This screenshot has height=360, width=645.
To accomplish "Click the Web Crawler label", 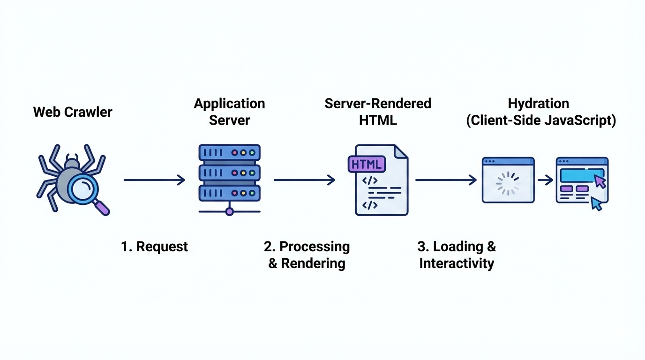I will [x=73, y=112].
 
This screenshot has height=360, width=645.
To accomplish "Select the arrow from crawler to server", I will [x=154, y=180].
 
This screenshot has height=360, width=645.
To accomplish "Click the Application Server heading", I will [x=229, y=112].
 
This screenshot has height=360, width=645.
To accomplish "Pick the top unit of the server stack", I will [x=229, y=153].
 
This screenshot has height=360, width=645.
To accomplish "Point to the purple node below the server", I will [x=229, y=211].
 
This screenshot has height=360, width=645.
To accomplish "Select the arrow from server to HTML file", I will [x=304, y=180].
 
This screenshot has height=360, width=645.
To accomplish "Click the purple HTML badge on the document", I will [x=367, y=165].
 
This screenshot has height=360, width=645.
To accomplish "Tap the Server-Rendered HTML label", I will [x=378, y=112].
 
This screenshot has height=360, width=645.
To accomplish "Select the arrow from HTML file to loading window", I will [x=446, y=180].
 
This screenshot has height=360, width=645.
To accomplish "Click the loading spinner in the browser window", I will [x=508, y=184].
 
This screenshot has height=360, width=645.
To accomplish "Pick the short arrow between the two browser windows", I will [x=545, y=180].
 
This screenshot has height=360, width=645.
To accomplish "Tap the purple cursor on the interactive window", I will [x=600, y=181].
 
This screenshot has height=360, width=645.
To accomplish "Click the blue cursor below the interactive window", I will [x=596, y=203].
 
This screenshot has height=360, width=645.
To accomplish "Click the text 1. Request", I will [x=154, y=247].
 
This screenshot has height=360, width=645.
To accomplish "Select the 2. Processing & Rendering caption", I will [x=307, y=255].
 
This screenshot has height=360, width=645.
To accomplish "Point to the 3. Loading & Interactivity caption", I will [x=457, y=255].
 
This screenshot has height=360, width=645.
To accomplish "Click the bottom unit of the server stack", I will [x=229, y=193].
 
